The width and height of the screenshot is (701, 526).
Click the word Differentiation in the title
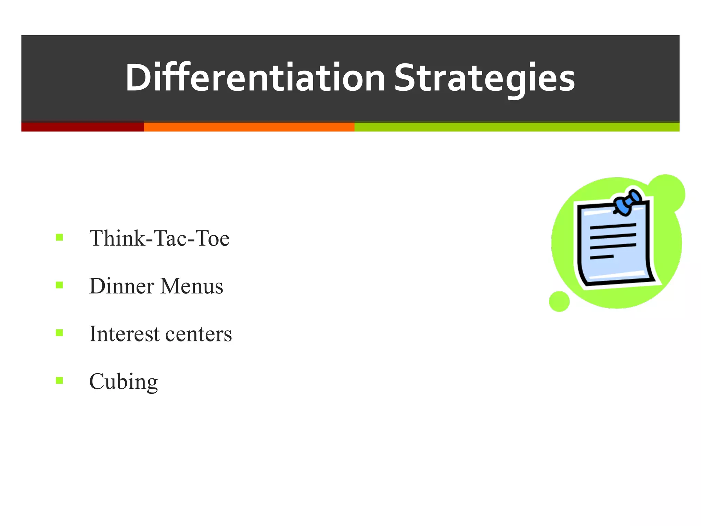coord(255,78)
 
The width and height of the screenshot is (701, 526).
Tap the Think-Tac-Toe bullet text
coord(159,238)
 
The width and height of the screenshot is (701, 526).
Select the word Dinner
coord(122,286)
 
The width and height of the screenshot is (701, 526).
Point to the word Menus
coord(191,286)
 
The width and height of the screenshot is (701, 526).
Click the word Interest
coord(124,334)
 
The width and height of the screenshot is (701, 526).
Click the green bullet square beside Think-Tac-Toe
coord(60,237)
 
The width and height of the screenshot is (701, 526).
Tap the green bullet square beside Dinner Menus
coord(60,285)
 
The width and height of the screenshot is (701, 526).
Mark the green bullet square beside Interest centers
coord(60,333)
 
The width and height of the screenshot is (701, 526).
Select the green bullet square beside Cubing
coord(60,380)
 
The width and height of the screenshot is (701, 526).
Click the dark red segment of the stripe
coord(82,127)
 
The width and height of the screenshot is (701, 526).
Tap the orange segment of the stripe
coord(249,127)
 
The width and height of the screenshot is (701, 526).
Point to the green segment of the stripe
coord(517,127)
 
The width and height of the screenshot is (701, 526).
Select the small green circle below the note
coord(559,301)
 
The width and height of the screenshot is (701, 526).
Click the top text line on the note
coord(613,226)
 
